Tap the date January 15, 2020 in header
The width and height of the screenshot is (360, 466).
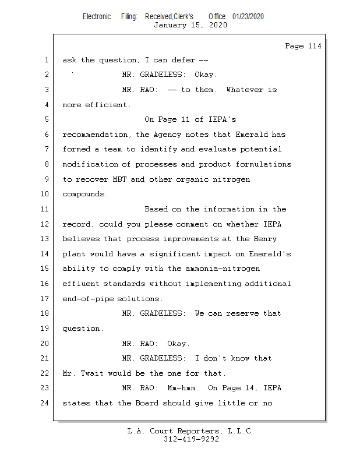coord(190,25)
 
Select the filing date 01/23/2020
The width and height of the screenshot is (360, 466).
coord(248,16)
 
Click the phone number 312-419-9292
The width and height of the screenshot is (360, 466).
coord(191,439)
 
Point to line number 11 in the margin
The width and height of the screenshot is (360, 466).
coord(45,209)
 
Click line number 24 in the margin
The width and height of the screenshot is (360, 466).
coord(45,403)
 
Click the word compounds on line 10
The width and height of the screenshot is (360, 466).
coord(85,195)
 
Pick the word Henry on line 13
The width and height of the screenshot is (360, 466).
coord(264,239)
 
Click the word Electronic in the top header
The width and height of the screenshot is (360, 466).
coord(97,16)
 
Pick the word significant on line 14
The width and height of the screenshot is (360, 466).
coord(175,254)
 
